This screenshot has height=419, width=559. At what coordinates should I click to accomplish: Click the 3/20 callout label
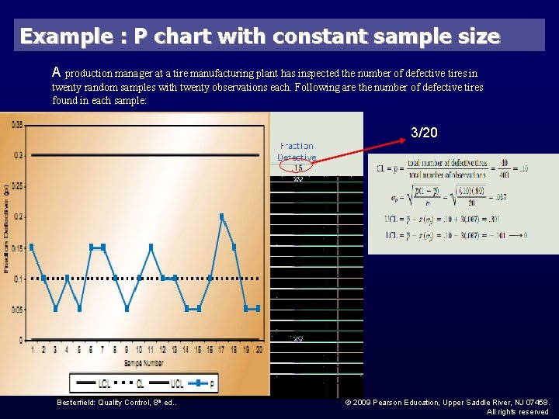[x=424, y=133]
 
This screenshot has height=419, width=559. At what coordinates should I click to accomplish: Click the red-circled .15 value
[x=297, y=168]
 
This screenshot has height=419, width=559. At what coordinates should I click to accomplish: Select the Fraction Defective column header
[x=297, y=151]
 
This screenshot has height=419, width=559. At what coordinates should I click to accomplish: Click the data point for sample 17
[x=222, y=216]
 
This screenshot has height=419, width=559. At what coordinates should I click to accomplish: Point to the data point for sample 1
[x=32, y=247]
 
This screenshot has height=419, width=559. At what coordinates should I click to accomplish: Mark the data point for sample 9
[x=127, y=308]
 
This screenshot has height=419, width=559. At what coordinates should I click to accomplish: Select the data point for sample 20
[x=257, y=308]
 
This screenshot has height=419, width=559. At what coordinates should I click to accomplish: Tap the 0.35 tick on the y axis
[x=17, y=124]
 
